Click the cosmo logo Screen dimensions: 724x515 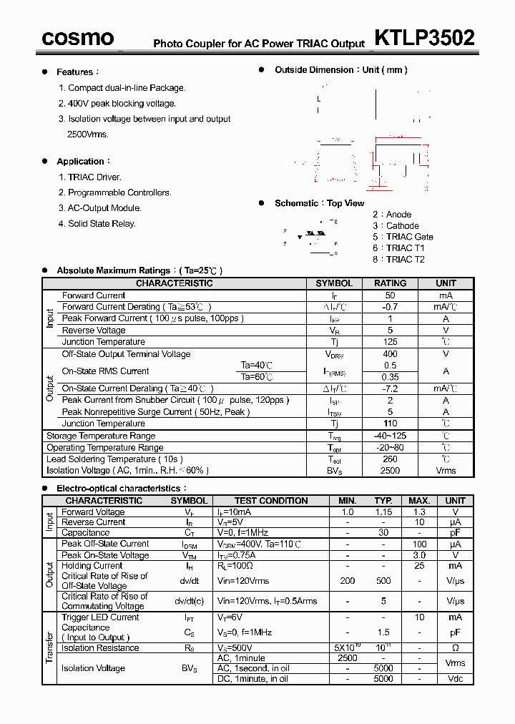pyautogui.click(x=78, y=38)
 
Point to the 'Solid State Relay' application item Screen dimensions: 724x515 pyautogui.click(x=102, y=224)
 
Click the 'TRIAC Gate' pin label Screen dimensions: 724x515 pyautogui.click(x=409, y=237)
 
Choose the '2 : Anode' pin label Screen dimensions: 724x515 pyautogui.click(x=392, y=215)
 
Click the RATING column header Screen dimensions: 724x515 pyautogui.click(x=390, y=283)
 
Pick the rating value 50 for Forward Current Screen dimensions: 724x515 pyautogui.click(x=390, y=295)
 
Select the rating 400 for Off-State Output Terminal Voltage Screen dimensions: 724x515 pyautogui.click(x=390, y=354)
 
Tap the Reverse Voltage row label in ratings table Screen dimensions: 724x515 pyautogui.click(x=94, y=331)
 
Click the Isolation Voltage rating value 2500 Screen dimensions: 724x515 pyautogui.click(x=390, y=471)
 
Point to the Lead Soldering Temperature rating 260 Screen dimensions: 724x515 pyautogui.click(x=390, y=459)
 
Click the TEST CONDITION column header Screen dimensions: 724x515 pyautogui.click(x=271, y=501)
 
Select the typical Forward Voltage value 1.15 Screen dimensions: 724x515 pyautogui.click(x=383, y=512)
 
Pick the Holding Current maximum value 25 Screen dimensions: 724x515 pyautogui.click(x=419, y=566)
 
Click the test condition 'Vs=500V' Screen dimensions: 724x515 pyautogui.click(x=237, y=648)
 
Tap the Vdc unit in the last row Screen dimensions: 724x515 pyautogui.click(x=455, y=678)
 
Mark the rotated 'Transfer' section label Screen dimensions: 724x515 pyautogui.click(x=50, y=647)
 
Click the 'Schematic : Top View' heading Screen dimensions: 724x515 pyautogui.click(x=319, y=204)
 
